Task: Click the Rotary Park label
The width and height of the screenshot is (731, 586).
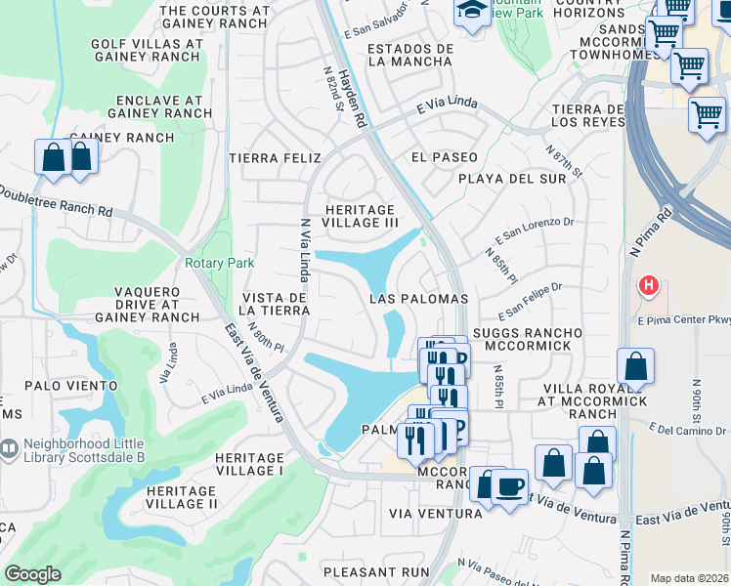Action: [x=219, y=263]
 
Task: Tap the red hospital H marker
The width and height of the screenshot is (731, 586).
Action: [x=647, y=286]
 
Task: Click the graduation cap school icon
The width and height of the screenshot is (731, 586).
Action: [x=472, y=11]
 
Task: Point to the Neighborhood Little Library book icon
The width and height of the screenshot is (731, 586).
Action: [x=9, y=448]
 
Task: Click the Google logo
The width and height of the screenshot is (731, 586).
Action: [x=32, y=574]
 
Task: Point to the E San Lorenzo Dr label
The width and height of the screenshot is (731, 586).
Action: [x=534, y=230]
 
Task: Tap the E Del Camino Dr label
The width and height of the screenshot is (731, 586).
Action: [x=688, y=427]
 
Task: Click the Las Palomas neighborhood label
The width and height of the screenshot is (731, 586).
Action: [x=419, y=298]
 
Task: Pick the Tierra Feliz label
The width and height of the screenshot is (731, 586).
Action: [x=268, y=157]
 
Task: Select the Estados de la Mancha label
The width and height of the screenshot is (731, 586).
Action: [x=409, y=55]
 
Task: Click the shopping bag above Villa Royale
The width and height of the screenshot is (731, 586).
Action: [x=635, y=367]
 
